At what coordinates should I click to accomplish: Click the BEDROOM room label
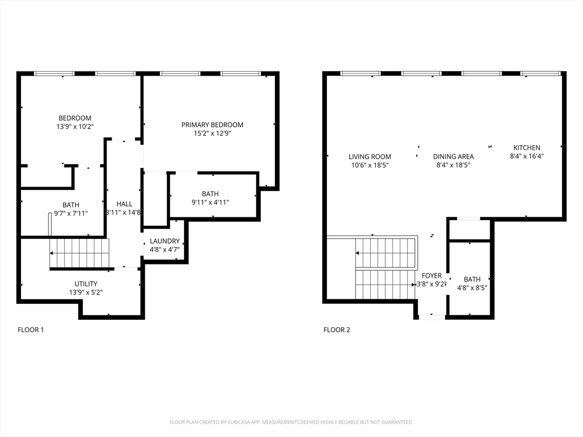click(75, 118)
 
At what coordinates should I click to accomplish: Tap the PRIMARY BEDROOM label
click(212, 125)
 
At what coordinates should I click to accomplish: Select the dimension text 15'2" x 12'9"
click(212, 133)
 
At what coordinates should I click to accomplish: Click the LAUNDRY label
click(165, 241)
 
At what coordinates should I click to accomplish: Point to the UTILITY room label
click(86, 284)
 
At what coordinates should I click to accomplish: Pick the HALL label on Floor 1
click(124, 204)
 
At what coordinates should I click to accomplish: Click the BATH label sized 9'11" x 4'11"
click(210, 194)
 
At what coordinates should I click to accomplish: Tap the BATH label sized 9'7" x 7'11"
click(71, 205)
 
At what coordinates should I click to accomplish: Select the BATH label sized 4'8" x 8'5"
click(472, 279)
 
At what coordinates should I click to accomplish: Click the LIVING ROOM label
click(369, 157)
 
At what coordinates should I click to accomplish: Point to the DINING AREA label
click(453, 157)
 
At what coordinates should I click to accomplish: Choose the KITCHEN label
click(527, 147)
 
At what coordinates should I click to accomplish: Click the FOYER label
click(432, 276)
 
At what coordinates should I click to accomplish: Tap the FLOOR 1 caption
click(31, 329)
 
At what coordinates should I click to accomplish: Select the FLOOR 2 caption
click(337, 329)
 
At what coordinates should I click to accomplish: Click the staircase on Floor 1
click(80, 253)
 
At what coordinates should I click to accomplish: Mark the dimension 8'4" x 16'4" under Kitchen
click(527, 156)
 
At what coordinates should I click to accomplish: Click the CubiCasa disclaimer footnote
click(291, 422)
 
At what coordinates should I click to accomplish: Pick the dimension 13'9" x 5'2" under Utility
click(86, 292)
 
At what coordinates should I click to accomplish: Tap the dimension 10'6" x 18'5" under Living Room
click(369, 166)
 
